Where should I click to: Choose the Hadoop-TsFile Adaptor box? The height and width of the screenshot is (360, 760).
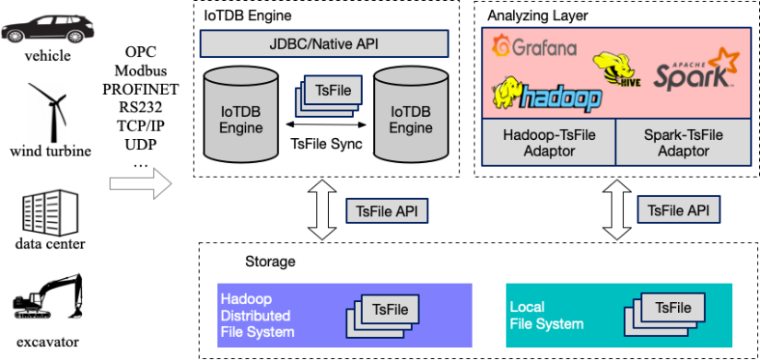tap(549, 142)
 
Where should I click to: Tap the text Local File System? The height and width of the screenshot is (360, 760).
tap(546, 313)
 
